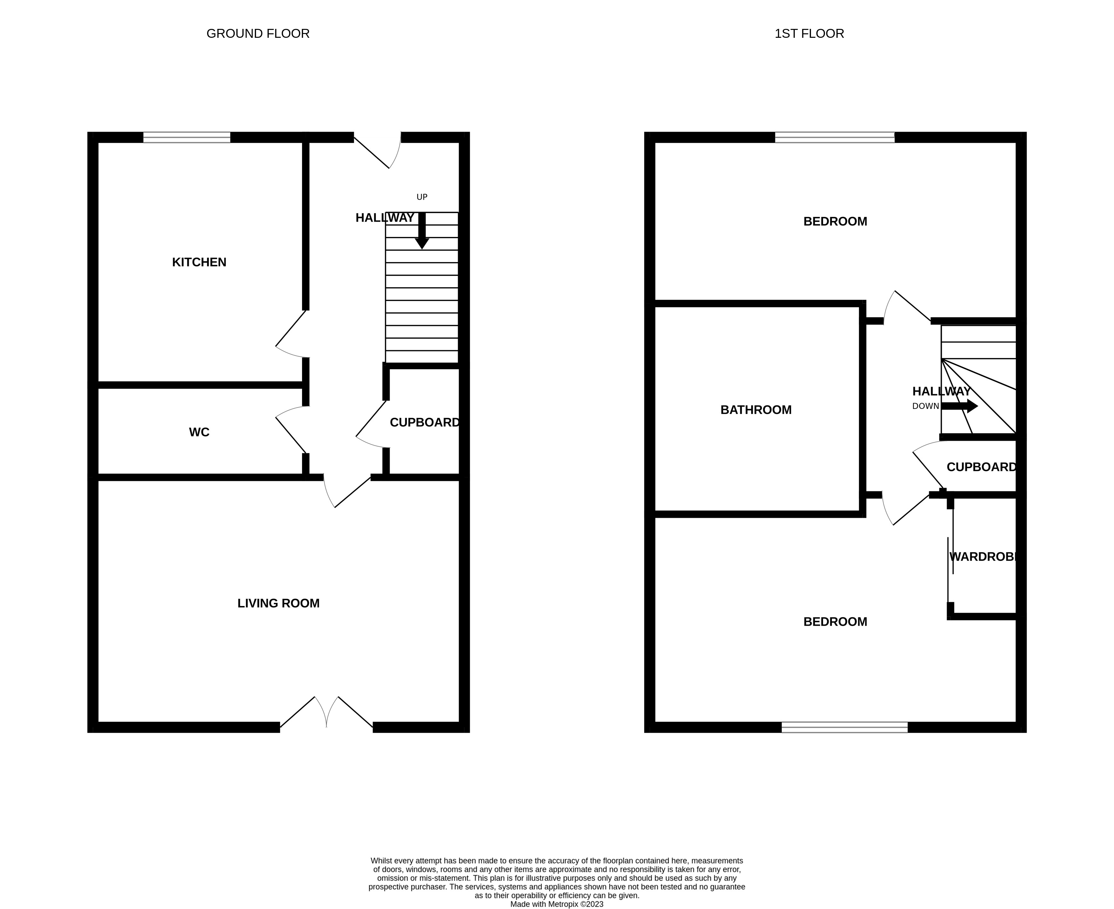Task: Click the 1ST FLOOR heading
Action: click(x=809, y=34)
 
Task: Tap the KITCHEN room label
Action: click(x=199, y=262)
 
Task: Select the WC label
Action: click(x=199, y=432)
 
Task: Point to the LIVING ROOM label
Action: click(x=278, y=603)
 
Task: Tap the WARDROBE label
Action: click(x=983, y=556)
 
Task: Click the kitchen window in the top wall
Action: click(x=186, y=137)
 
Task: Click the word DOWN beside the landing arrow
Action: click(x=925, y=406)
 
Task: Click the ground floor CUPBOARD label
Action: click(x=425, y=422)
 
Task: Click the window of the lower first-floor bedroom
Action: click(x=844, y=727)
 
